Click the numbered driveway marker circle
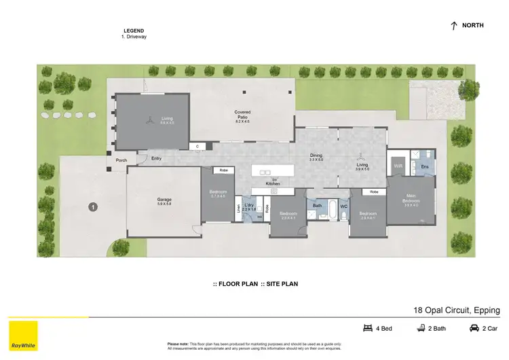pos(92,207)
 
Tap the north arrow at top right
pos(453,25)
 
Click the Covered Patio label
pos(243,114)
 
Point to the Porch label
pos(121,160)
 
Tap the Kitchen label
pos(273,184)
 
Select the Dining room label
pos(316,155)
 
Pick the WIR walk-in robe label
pos(398,165)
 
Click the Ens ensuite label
pos(425,165)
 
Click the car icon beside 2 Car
pos(474,329)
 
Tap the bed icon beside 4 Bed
pos(369,329)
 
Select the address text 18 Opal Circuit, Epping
pos(456,309)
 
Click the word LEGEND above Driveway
pos(134,31)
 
